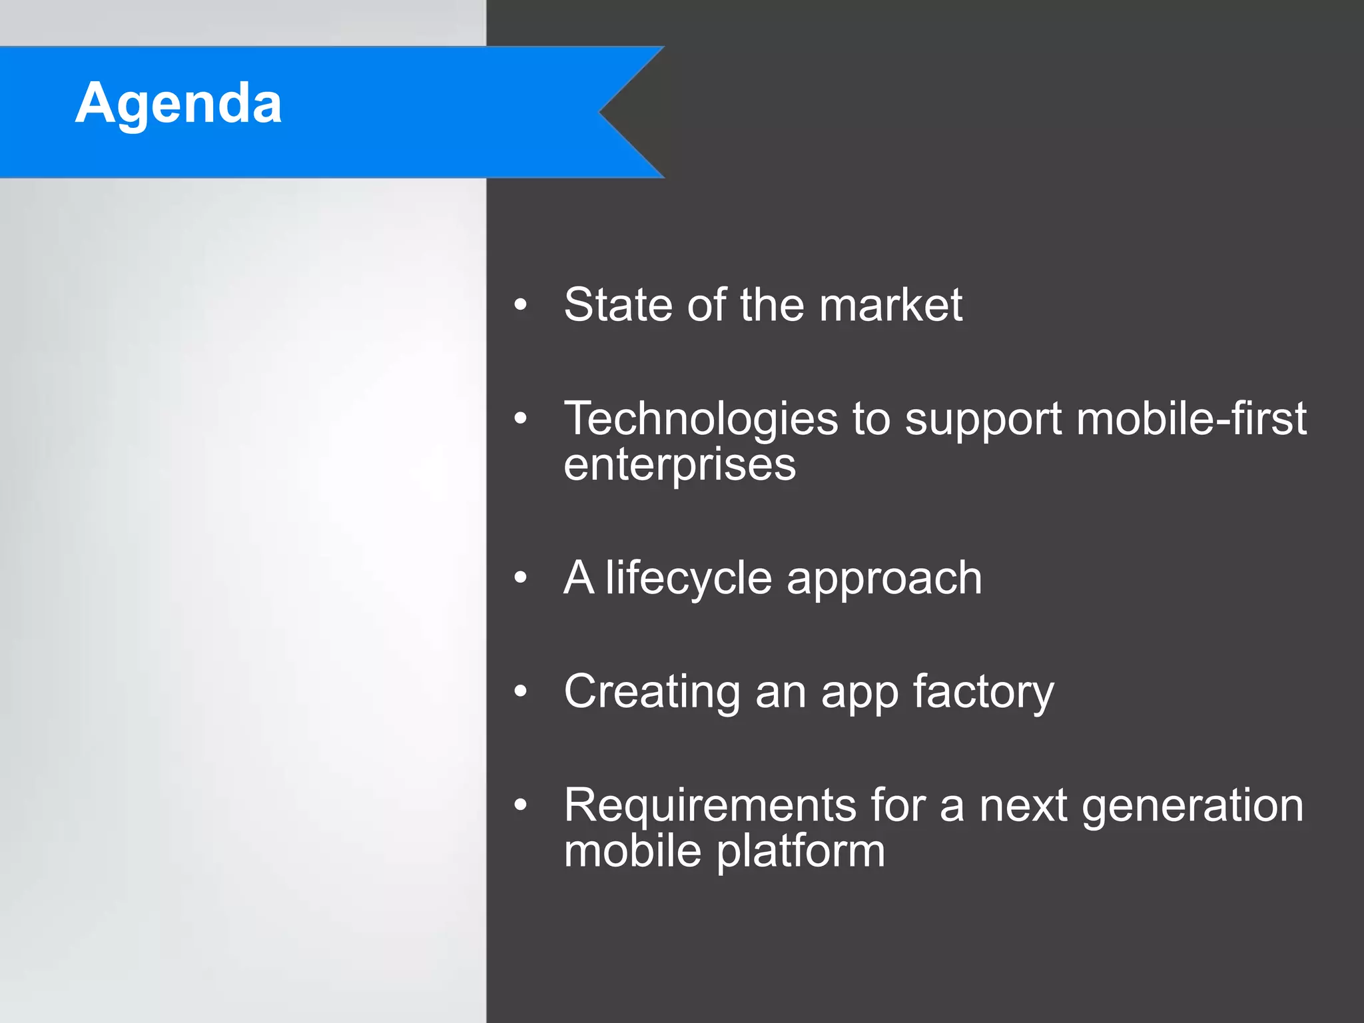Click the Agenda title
coord(178,104)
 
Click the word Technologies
coord(701,420)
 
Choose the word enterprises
coord(679,465)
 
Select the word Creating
coord(651,693)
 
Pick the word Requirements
coord(709,806)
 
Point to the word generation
coord(1192,806)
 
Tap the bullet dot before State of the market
coord(521,305)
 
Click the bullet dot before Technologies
coord(521,419)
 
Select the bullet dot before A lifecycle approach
coord(521,577)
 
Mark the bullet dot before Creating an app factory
coord(521,691)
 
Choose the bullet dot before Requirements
coord(521,805)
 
